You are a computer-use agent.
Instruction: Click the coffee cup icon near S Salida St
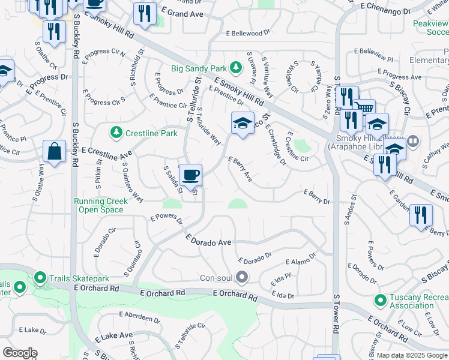(190, 175)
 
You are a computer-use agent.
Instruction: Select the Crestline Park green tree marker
(115, 131)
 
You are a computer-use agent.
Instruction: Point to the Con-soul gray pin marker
(242, 277)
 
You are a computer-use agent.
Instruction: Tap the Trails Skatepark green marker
(40, 278)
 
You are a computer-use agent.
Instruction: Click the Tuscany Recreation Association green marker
(379, 299)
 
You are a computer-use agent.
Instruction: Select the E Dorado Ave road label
(208, 241)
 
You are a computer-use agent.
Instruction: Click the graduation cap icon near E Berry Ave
(242, 124)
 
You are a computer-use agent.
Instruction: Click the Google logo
(20, 352)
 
